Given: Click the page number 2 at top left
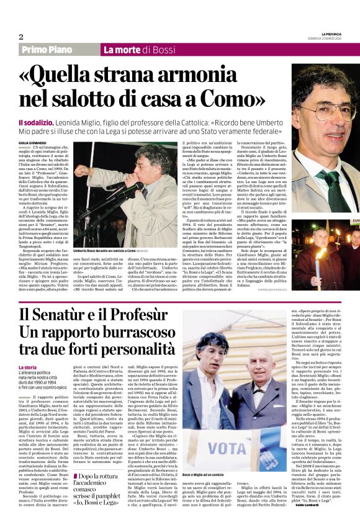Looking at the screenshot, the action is coord(21,37).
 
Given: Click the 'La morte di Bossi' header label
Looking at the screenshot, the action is coord(131,50).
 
